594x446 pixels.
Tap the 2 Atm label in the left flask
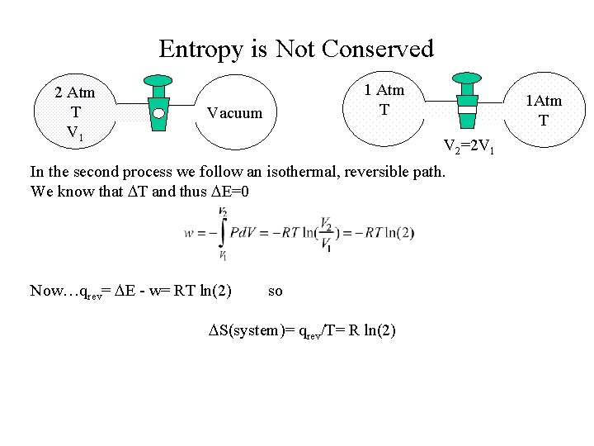point(75,92)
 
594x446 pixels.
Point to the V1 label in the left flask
point(75,131)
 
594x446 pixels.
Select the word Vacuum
point(234,112)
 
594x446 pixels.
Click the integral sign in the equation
point(223,234)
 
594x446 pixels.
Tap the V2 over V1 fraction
point(327,233)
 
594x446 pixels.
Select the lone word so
point(276,290)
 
